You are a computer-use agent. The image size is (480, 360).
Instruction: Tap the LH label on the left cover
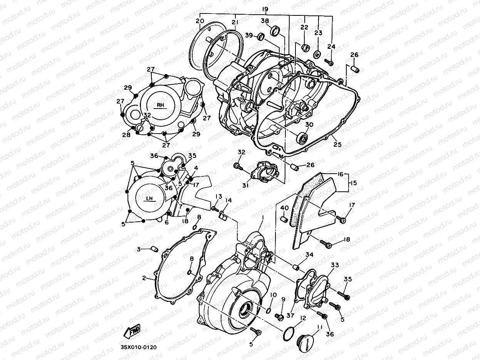(x=150, y=199)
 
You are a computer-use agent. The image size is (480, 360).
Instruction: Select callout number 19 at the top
(x=265, y=8)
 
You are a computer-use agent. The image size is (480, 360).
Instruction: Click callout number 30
(x=309, y=125)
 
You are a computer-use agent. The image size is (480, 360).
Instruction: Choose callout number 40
(x=284, y=208)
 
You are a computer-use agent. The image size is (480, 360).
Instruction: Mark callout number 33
(x=335, y=265)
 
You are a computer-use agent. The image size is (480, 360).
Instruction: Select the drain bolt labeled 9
(x=279, y=317)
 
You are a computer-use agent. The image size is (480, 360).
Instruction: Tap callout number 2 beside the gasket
(x=144, y=278)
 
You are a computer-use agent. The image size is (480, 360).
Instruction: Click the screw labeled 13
(x=215, y=208)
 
